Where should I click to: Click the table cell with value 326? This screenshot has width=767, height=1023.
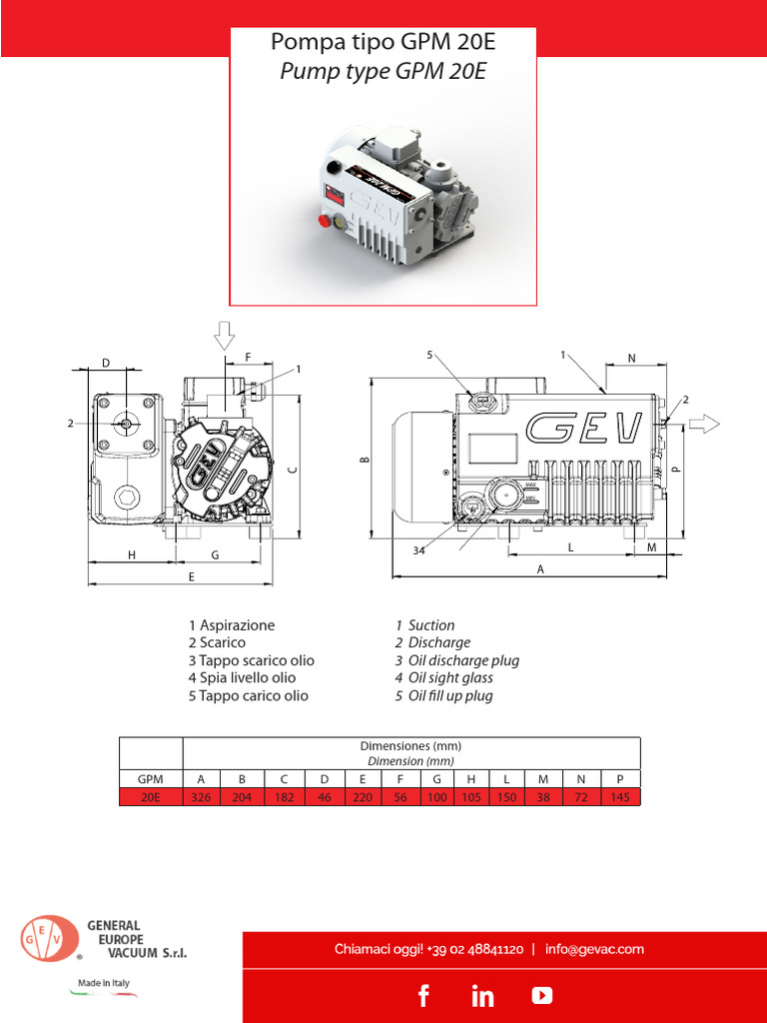(x=202, y=797)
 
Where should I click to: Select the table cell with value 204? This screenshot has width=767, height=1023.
(x=242, y=797)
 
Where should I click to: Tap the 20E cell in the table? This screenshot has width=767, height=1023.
(x=150, y=797)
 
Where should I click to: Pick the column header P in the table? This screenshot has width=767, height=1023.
(x=620, y=779)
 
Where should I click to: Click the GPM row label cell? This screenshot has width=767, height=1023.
(x=150, y=779)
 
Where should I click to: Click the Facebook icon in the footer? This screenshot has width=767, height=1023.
(x=423, y=995)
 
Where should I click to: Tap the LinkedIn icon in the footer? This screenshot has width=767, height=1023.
(x=482, y=995)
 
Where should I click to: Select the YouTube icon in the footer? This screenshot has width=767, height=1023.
(x=541, y=995)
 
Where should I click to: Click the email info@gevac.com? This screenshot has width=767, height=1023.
(x=595, y=949)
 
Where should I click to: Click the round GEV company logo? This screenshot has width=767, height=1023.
(x=49, y=939)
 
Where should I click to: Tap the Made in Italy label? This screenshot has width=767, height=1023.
(x=104, y=984)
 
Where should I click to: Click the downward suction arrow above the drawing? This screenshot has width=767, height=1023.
(x=224, y=336)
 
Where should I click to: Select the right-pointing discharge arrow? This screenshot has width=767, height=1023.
(x=703, y=424)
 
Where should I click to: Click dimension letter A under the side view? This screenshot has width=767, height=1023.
(x=540, y=568)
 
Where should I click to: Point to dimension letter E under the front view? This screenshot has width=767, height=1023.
(x=191, y=576)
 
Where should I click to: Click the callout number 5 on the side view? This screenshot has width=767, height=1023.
(x=430, y=355)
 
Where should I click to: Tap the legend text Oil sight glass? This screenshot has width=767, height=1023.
(x=450, y=678)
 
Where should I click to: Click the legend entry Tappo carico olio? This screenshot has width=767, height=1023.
(x=249, y=695)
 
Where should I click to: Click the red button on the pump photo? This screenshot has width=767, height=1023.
(x=323, y=221)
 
